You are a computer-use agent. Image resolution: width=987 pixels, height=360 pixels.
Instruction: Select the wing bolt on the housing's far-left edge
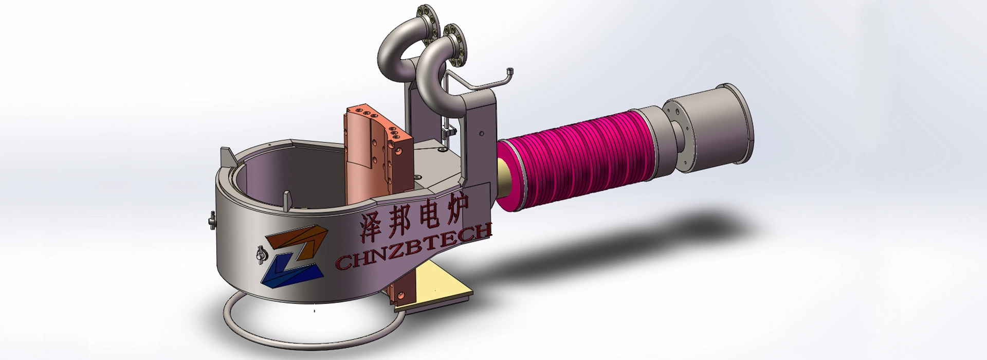click(211, 220)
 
